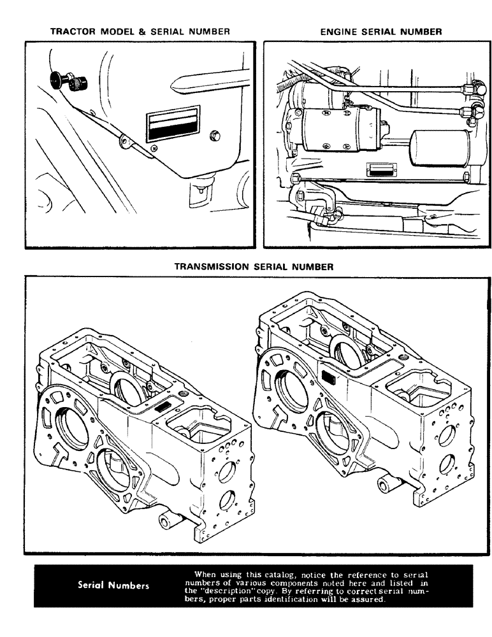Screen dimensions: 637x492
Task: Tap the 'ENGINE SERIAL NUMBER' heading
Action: (380, 31)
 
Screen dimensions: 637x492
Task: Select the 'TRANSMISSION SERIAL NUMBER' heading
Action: (254, 268)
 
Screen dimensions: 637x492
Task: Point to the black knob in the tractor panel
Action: (59, 80)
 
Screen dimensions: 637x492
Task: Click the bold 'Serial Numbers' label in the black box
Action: (113, 586)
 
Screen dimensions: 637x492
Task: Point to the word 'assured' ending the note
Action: (368, 598)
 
